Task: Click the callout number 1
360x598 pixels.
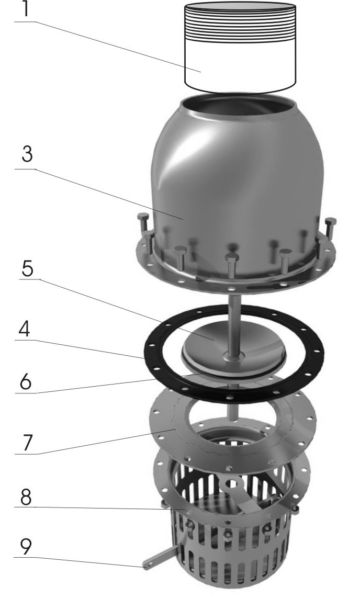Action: [x=26, y=9]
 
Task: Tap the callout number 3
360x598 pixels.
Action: [x=27, y=154]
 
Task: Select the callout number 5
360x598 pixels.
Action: [x=27, y=269]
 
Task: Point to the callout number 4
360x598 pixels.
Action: [x=25, y=330]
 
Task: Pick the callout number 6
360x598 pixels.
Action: [x=26, y=382]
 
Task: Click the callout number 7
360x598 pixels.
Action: [x=26, y=443]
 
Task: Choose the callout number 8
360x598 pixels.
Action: [x=26, y=498]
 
